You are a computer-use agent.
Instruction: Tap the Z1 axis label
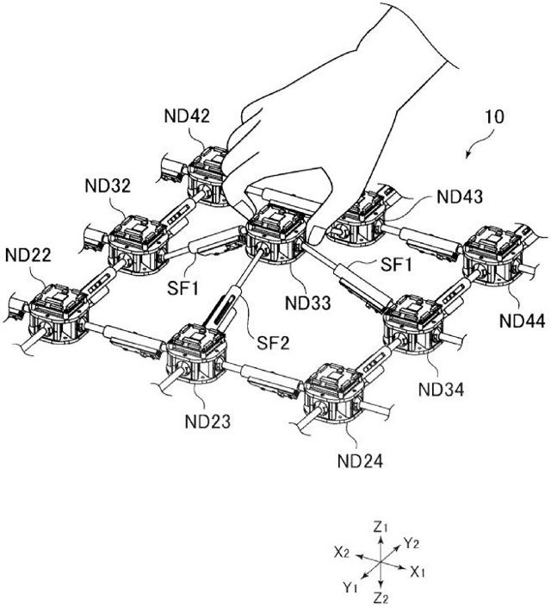pyautogui.click(x=381, y=524)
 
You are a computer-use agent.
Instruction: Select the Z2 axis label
pyautogui.click(x=381, y=596)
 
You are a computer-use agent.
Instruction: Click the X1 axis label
pyautogui.click(x=418, y=572)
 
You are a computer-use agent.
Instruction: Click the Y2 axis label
pyautogui.click(x=412, y=543)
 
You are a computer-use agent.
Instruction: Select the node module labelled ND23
pyautogui.click(x=197, y=354)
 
